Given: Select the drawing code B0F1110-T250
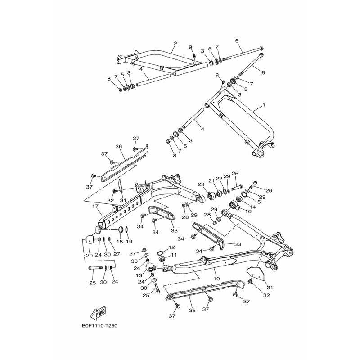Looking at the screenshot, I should tap(100, 327).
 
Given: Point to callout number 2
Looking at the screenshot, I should tap(175, 44).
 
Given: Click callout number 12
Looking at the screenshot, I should tap(172, 247).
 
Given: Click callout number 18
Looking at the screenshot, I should tap(120, 242).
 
